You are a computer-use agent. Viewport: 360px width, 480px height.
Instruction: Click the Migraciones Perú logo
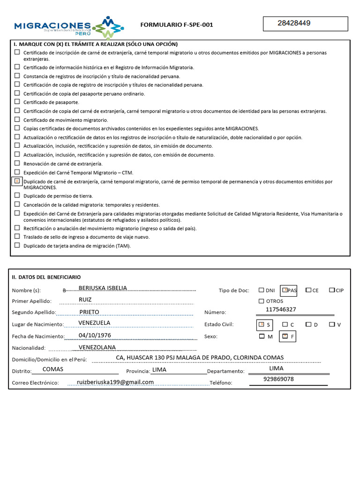point(69,27)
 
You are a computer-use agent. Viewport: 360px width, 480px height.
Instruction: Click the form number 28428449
point(294,23)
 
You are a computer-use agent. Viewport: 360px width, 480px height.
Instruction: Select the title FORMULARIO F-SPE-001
point(177,25)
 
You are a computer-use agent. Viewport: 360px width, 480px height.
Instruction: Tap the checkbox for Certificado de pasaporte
point(17,102)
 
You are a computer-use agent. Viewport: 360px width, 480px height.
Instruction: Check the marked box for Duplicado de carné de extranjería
point(17,181)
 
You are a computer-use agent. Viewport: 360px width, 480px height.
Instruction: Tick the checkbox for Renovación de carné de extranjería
point(17,163)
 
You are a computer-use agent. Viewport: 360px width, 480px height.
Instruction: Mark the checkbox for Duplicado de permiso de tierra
point(17,195)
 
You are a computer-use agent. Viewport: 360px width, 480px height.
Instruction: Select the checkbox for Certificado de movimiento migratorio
point(17,120)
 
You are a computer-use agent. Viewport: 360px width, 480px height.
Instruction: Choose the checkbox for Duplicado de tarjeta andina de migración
point(17,245)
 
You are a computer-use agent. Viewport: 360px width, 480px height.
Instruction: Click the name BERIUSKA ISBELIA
point(103,288)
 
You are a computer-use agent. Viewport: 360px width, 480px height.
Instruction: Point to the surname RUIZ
point(85,300)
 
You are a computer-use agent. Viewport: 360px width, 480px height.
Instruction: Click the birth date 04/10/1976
point(95,335)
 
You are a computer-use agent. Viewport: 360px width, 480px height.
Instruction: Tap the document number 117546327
point(281,309)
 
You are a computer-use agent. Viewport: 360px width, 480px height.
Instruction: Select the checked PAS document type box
point(285,290)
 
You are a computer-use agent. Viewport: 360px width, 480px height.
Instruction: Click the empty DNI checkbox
point(261,290)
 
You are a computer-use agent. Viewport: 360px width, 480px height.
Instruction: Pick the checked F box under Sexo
point(285,336)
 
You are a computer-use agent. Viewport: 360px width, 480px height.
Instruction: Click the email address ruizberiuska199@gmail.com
point(115,382)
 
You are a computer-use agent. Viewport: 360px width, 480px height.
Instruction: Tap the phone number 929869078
point(278,379)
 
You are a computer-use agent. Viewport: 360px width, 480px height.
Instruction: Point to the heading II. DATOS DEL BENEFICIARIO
point(46,277)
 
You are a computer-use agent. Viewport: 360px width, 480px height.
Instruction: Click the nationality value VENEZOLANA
point(97,347)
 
